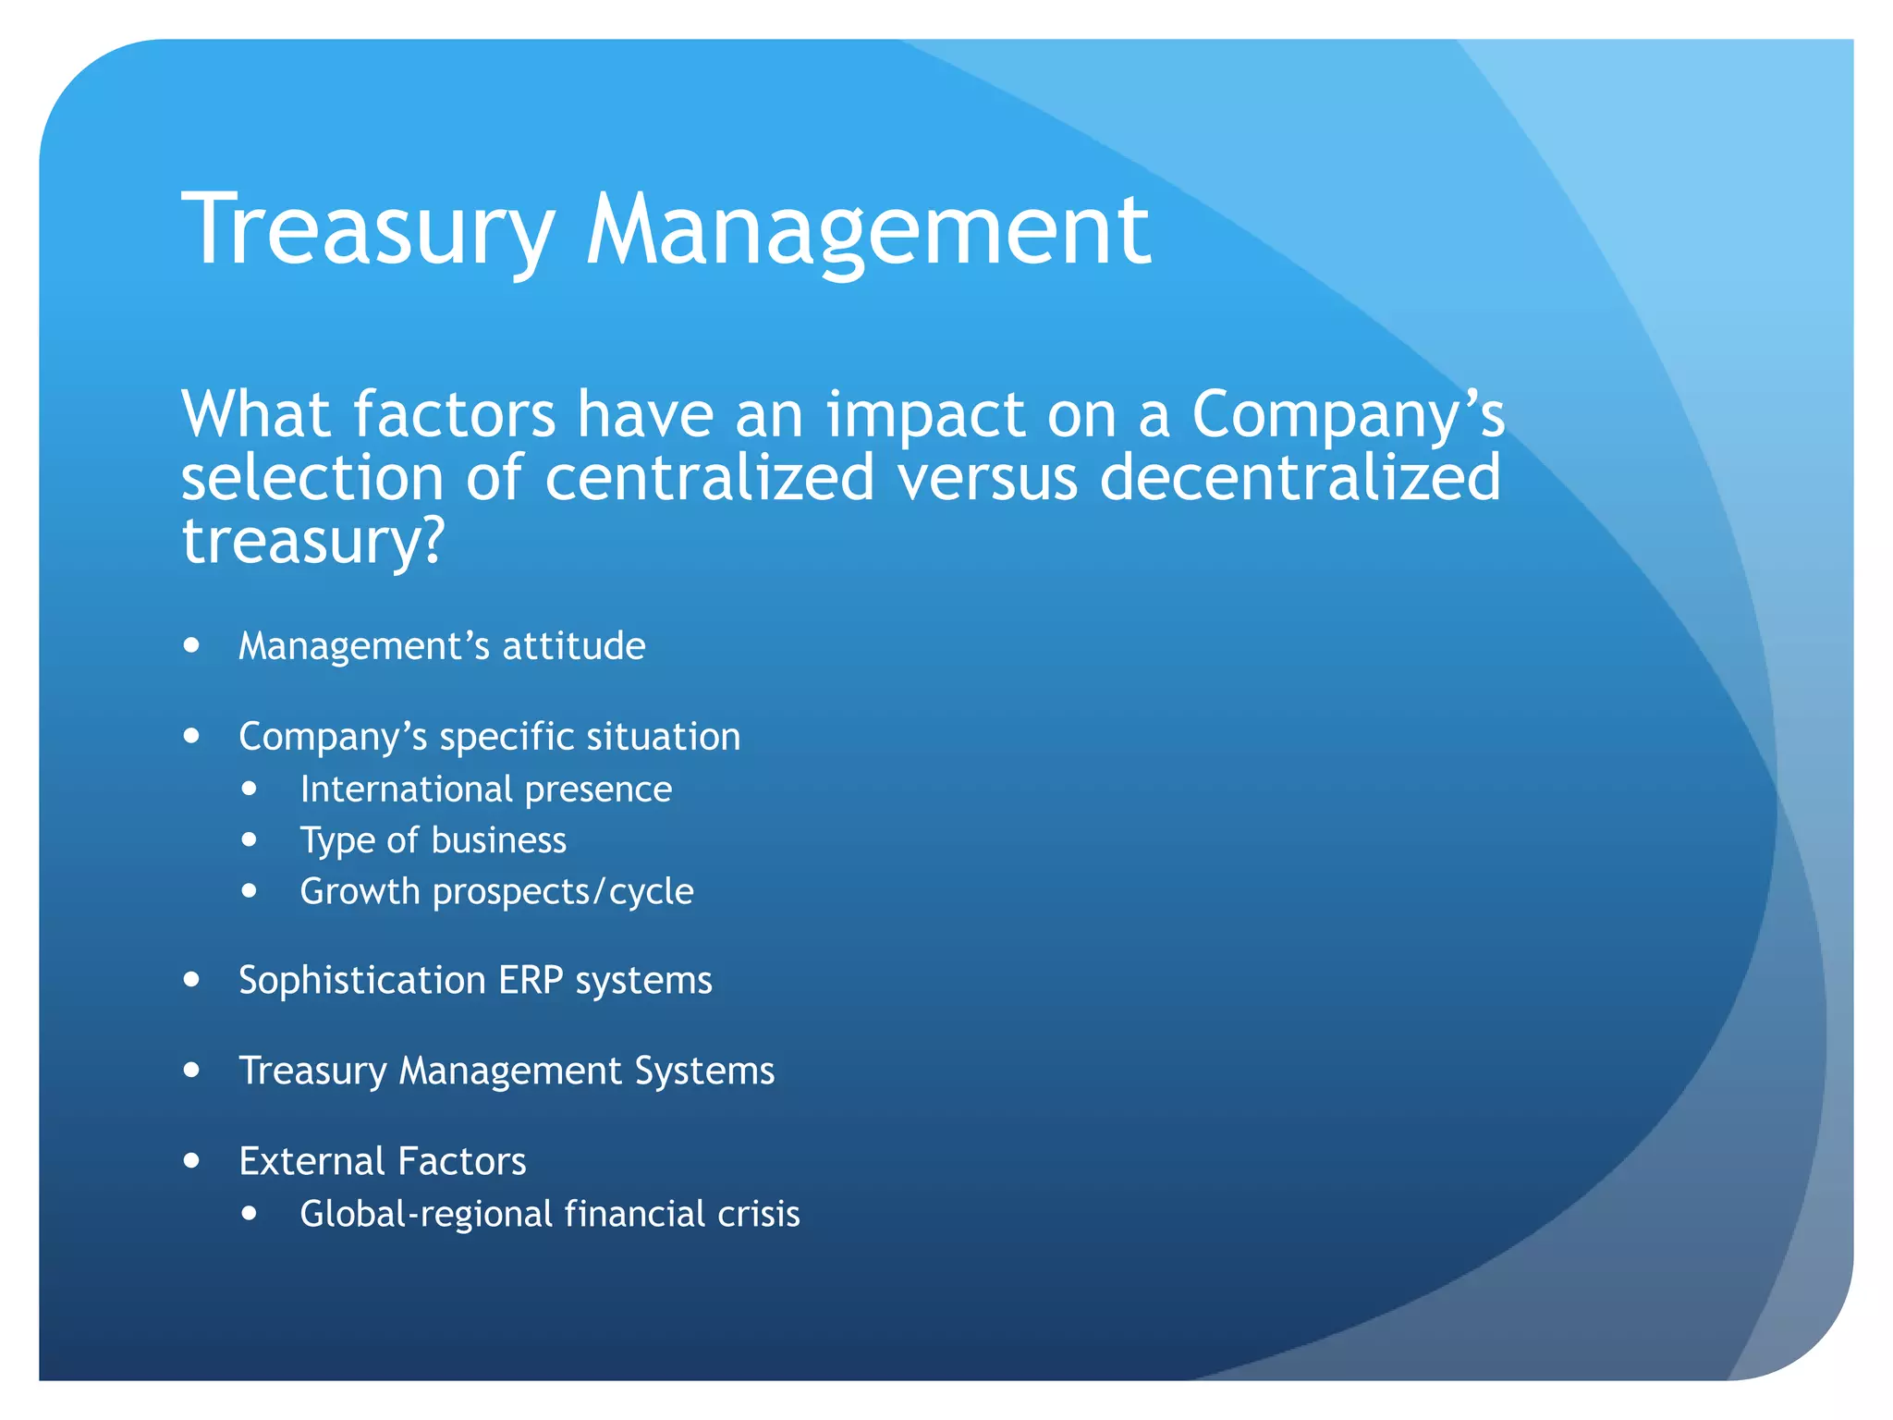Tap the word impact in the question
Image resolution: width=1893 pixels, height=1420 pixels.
click(924, 416)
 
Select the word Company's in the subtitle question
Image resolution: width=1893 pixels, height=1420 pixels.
click(1348, 416)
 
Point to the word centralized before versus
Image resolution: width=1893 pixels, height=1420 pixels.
click(709, 478)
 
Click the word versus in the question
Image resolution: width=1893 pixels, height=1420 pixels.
click(987, 478)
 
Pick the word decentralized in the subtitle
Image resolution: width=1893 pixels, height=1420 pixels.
click(1300, 478)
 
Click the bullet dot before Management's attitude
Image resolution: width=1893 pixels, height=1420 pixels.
click(191, 645)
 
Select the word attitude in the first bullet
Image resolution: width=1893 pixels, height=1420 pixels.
click(573, 646)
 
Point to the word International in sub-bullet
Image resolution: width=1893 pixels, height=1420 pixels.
click(406, 790)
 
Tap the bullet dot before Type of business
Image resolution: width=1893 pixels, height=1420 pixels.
click(250, 839)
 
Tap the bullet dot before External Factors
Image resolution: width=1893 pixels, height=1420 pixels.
click(191, 1160)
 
